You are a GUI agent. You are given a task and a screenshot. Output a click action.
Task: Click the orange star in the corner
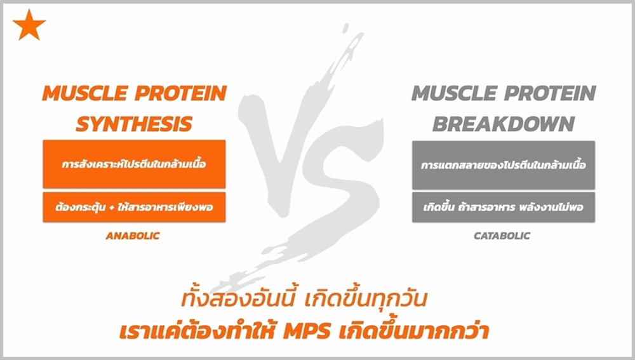pyautogui.click(x=29, y=25)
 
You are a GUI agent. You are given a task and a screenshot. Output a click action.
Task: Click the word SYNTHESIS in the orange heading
pyautogui.click(x=134, y=124)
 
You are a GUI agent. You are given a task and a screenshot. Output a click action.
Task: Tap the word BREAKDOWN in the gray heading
pyautogui.click(x=504, y=124)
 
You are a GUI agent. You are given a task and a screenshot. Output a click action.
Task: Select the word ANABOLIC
pyautogui.click(x=133, y=236)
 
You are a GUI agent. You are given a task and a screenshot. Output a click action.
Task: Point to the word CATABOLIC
pyautogui.click(x=502, y=236)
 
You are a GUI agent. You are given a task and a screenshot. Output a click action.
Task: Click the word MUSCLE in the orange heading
pyautogui.click(x=85, y=93)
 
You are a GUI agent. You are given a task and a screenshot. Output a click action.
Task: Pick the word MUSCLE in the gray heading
pyautogui.click(x=455, y=93)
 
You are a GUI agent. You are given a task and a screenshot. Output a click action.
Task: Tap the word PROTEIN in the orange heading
pyautogui.click(x=180, y=93)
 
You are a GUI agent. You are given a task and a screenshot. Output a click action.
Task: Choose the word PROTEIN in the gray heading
pyautogui.click(x=550, y=93)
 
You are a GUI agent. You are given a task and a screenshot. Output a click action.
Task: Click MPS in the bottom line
pyautogui.click(x=307, y=331)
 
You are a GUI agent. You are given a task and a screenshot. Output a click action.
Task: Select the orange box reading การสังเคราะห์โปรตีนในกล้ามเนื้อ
pyautogui.click(x=134, y=164)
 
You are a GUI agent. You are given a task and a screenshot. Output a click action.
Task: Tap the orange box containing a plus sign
pyautogui.click(x=134, y=208)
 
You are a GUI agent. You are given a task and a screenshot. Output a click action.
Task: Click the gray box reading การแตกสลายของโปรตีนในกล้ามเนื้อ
pyautogui.click(x=504, y=165)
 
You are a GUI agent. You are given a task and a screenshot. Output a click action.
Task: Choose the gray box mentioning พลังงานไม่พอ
pyautogui.click(x=504, y=208)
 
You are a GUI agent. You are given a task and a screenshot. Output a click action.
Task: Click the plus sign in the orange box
pyautogui.click(x=111, y=208)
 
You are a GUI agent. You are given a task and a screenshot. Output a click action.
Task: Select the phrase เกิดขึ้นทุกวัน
pyautogui.click(x=365, y=299)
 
